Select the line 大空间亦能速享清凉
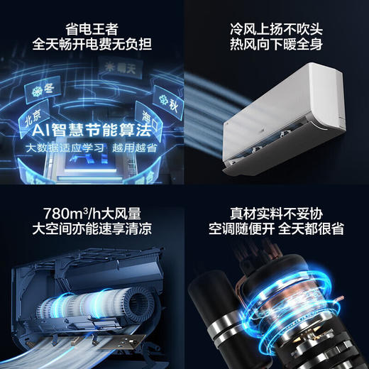(x=92, y=228)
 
